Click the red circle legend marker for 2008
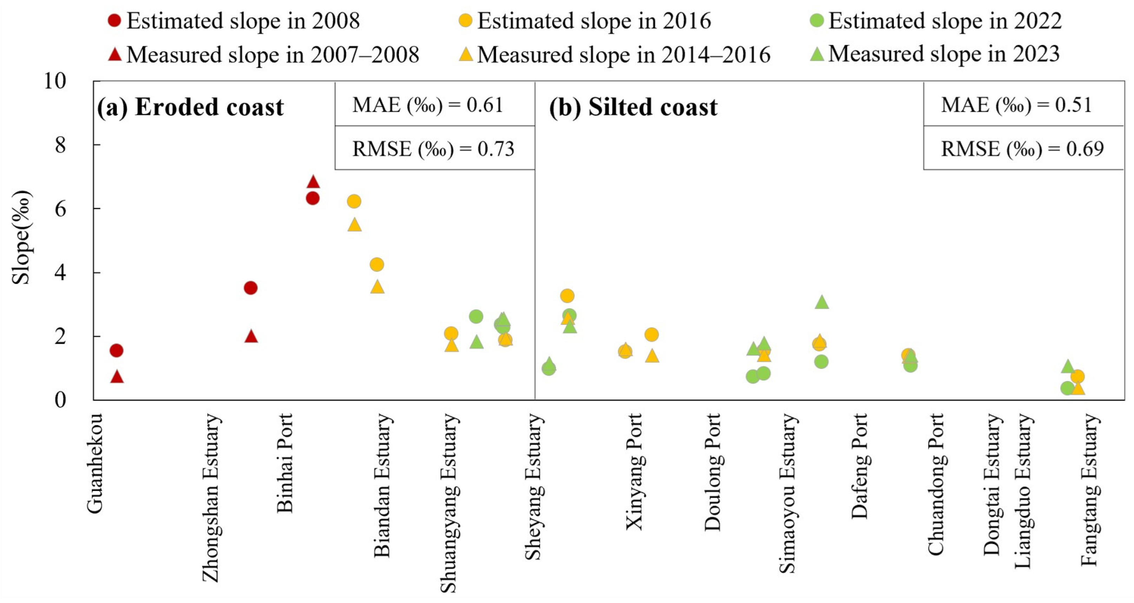click(114, 20)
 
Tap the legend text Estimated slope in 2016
click(594, 21)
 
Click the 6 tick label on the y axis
click(61, 209)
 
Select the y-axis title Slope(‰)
click(21, 238)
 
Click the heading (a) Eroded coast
click(190, 107)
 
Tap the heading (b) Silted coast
click(633, 107)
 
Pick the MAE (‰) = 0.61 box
click(435, 104)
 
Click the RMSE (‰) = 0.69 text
click(1023, 149)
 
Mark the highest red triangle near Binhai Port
click(313, 181)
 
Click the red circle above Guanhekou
click(116, 351)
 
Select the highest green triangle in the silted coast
click(822, 302)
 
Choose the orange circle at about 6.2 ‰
click(354, 201)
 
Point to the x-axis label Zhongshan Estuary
click(211, 497)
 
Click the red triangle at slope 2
click(251, 336)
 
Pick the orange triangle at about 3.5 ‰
click(377, 287)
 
